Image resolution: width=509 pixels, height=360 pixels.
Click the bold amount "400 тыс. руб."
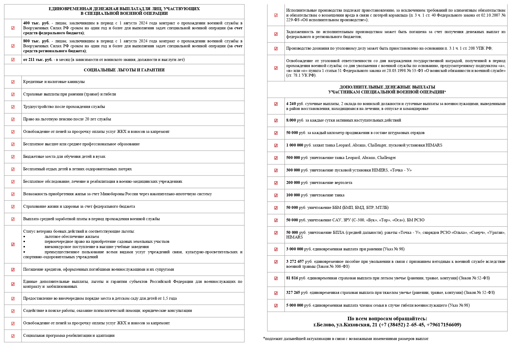pyautogui.click(x=36, y=23)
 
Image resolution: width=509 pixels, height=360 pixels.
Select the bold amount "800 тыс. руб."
pyautogui.click(x=36, y=41)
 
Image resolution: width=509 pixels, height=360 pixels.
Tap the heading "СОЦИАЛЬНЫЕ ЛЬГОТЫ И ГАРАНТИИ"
pyautogui.click(x=124, y=70)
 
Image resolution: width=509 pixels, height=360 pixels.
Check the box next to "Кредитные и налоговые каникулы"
pyautogui.click(x=13, y=82)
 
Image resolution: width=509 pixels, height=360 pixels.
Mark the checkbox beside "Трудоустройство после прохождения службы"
pyautogui.click(x=13, y=107)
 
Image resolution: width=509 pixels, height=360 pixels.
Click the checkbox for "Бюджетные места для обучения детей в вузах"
pyautogui.click(x=13, y=157)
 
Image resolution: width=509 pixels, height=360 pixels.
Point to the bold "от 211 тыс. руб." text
pyautogui.click(x=38, y=60)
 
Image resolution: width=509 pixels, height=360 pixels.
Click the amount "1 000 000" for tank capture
pyautogui.click(x=294, y=145)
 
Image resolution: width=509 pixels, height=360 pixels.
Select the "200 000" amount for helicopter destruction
pyautogui.click(x=293, y=183)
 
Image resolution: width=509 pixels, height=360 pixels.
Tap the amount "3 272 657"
pyautogui.click(x=295, y=262)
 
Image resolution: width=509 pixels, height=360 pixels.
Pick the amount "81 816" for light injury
pyautogui.click(x=292, y=278)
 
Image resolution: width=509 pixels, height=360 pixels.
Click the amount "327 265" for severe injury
pyautogui.click(x=293, y=293)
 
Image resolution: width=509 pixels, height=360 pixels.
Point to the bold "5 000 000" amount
pyautogui.click(x=294, y=305)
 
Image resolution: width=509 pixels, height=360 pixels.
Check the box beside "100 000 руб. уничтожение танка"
pyautogui.click(x=276, y=196)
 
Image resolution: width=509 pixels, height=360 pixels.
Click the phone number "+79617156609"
pyautogui.click(x=443, y=325)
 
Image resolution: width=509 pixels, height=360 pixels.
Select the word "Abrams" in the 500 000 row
pyautogui.click(x=368, y=158)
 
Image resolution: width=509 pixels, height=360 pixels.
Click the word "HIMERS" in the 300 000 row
pyautogui.click(x=380, y=170)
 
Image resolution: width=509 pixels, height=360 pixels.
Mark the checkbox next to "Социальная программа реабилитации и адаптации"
pyautogui.click(x=13, y=336)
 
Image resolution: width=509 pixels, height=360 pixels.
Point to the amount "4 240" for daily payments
pyautogui.click(x=291, y=104)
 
